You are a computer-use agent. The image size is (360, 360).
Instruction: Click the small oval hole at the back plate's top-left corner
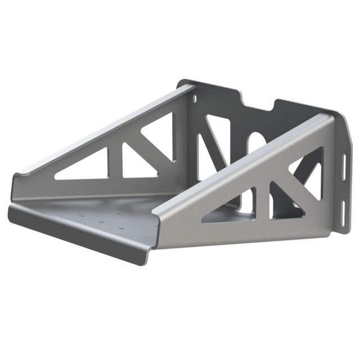click(x=195, y=98)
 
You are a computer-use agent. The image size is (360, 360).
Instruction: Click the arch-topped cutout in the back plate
click(x=256, y=143)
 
